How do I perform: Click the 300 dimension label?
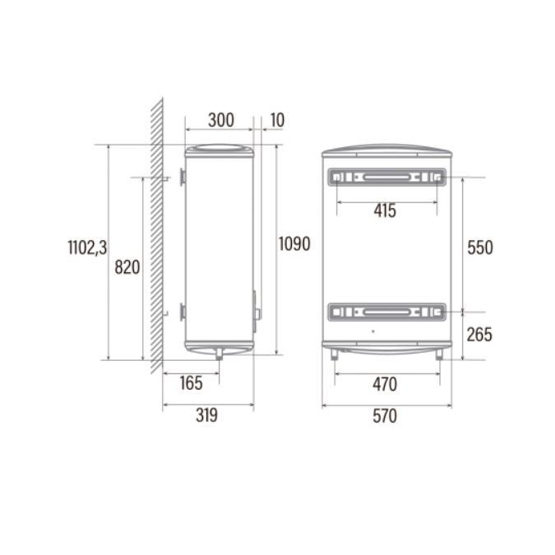pos(221,120)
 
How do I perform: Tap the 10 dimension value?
pos(278,120)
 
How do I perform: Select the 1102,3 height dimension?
pos(87,247)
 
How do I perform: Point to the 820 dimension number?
pos(127,267)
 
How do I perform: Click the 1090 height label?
pos(294,243)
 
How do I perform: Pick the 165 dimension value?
pos(191,383)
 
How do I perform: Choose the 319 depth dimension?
pos(206,415)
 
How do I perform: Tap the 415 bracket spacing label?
pos(385,211)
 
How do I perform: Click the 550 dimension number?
pos(480,247)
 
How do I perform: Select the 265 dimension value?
pos(479,335)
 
